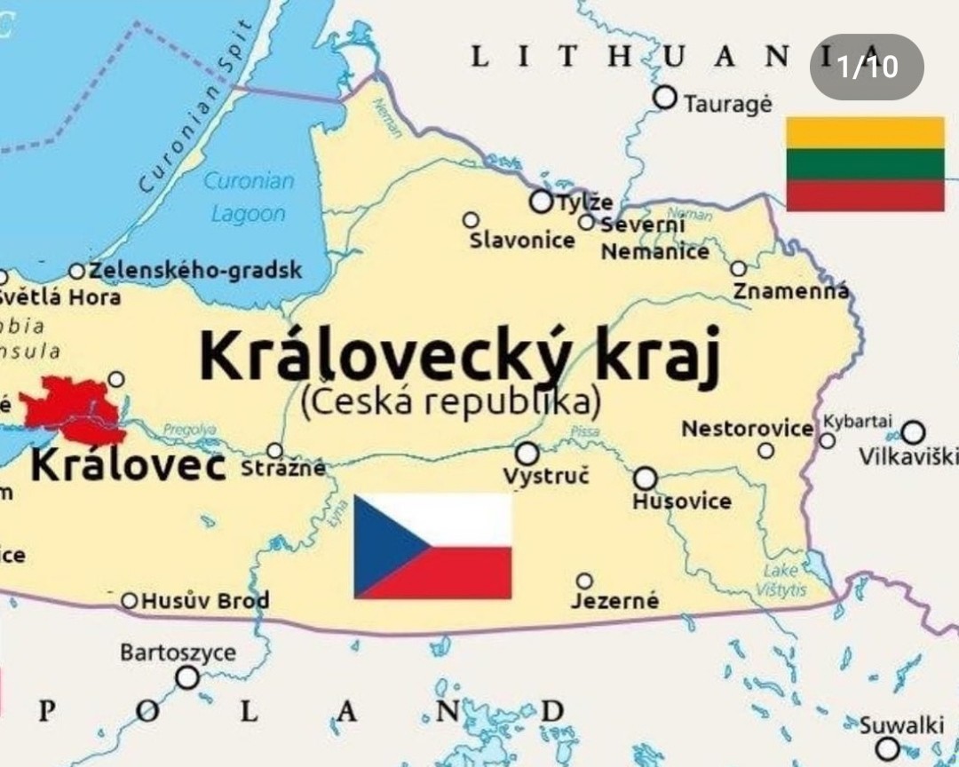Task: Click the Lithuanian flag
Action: coord(865,164)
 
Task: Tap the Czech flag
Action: coord(432,546)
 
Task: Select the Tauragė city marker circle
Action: coord(664,98)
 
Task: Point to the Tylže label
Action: coord(584,202)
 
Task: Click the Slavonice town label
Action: coord(522,240)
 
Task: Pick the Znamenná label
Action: coord(790,290)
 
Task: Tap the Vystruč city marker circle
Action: coord(527,454)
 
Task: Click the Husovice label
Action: coord(682,502)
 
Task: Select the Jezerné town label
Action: coord(614,601)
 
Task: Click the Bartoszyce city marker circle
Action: coord(186,678)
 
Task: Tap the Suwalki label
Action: coord(901,725)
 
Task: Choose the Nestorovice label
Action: coord(747,429)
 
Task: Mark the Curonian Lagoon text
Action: coord(249,197)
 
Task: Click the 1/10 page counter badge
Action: coord(867,67)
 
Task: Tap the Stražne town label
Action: coord(283,468)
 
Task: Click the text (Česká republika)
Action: coord(451,401)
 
